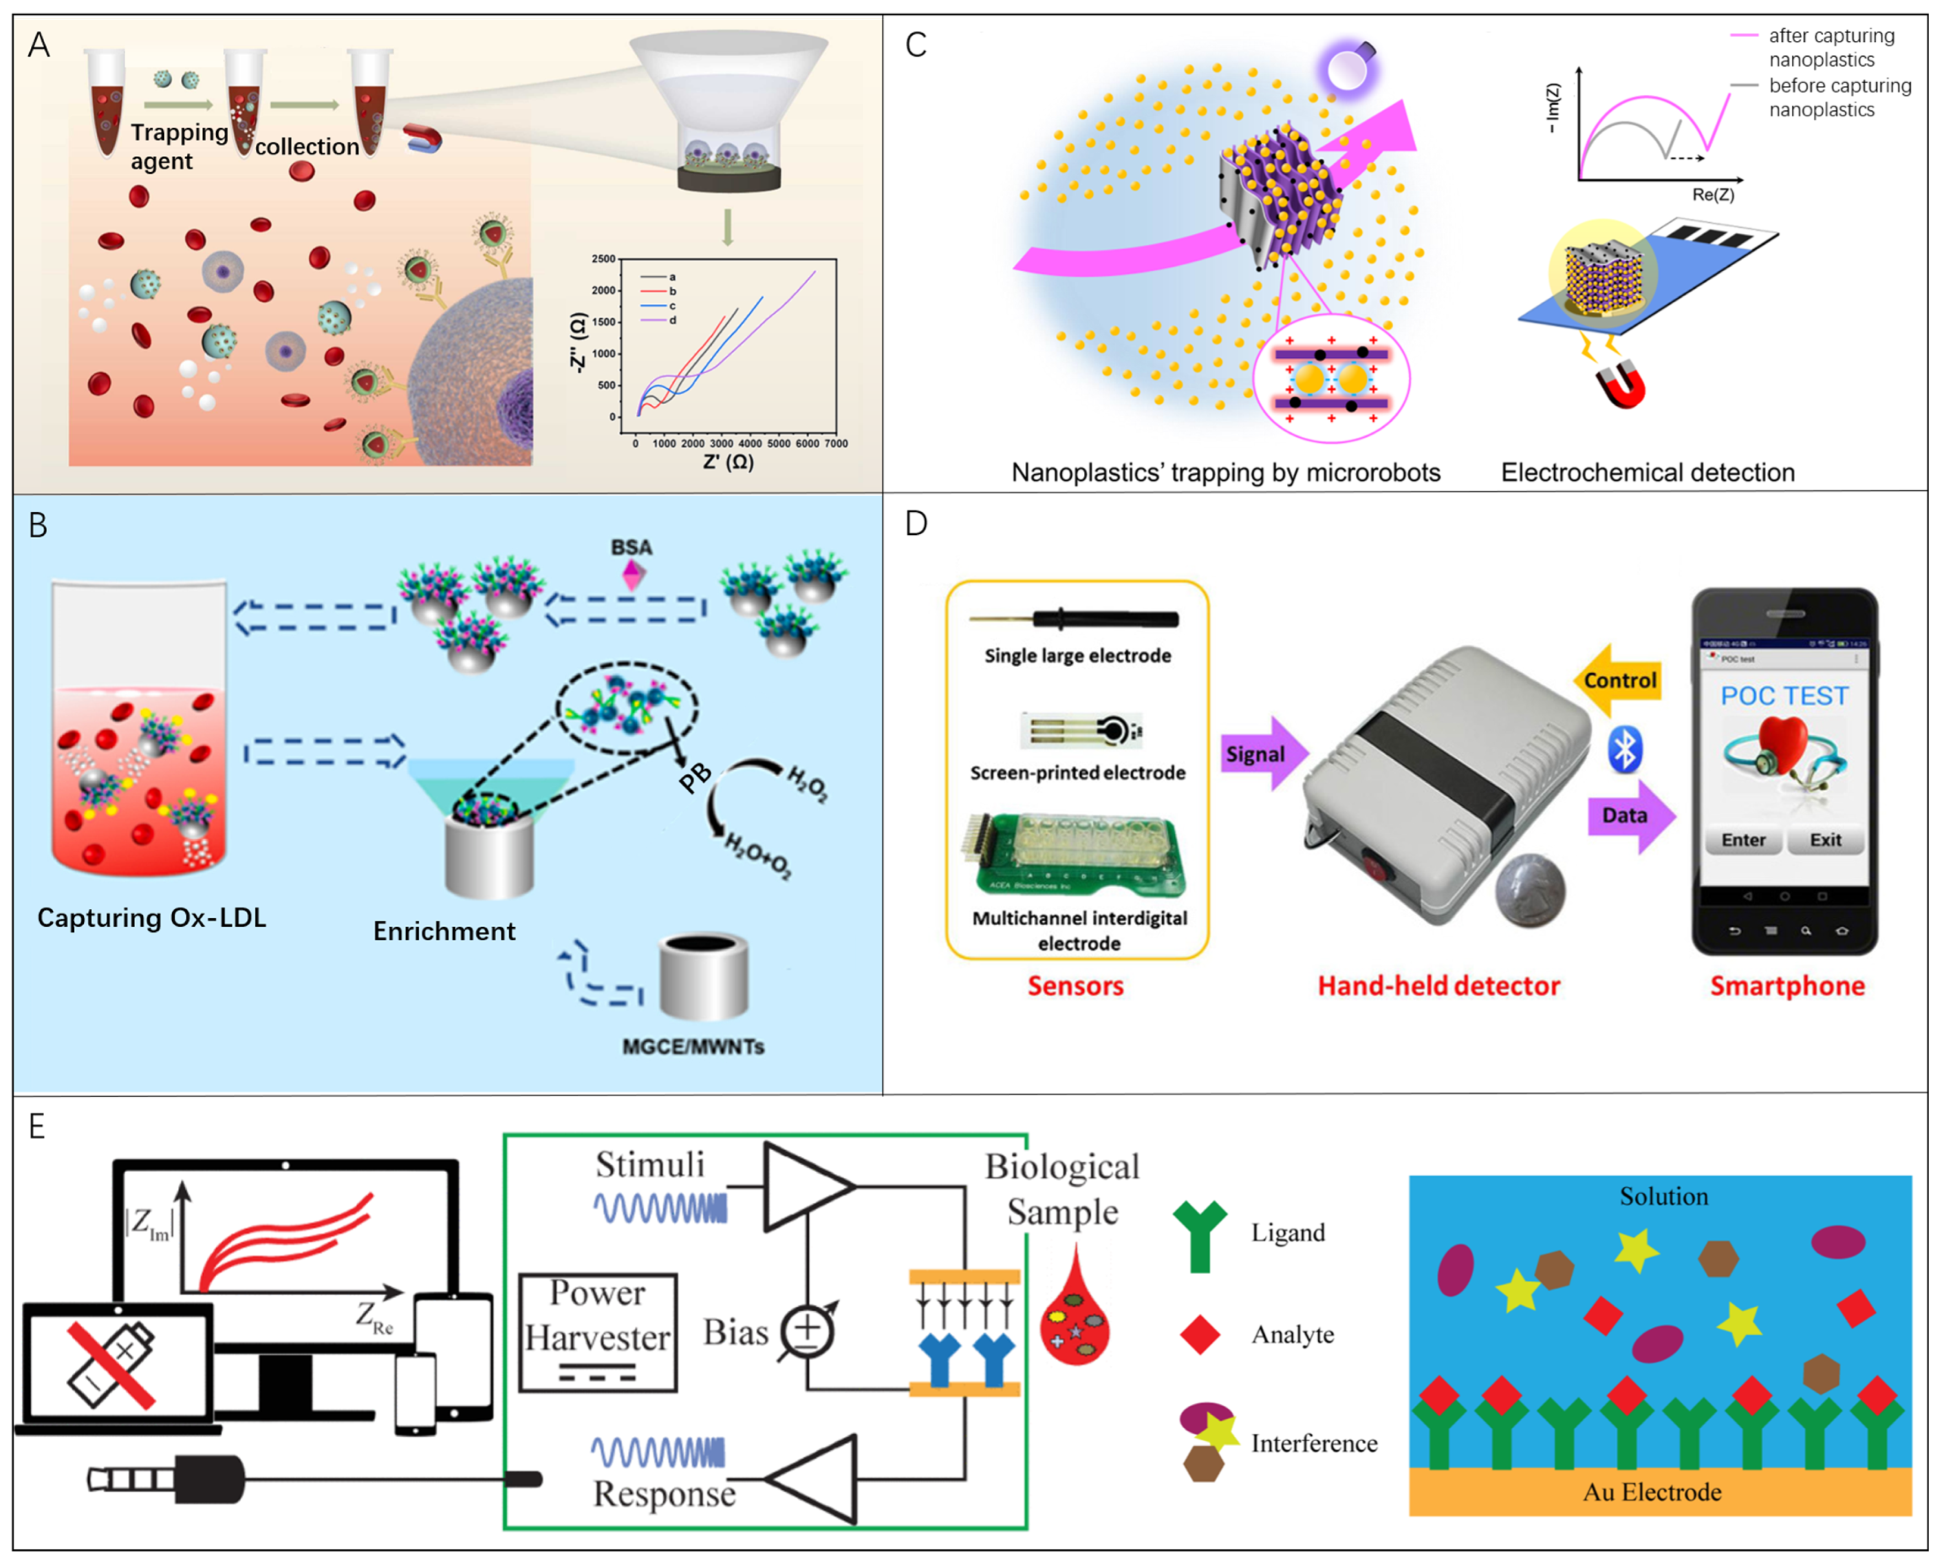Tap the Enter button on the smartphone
[x=1743, y=839]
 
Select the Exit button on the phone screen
[x=1825, y=839]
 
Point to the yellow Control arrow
[x=1618, y=680]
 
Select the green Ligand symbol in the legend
[x=1200, y=1235]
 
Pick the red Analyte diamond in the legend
[x=1200, y=1334]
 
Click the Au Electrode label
[x=1652, y=1491]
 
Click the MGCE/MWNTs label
[x=693, y=1046]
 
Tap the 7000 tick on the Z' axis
[x=836, y=443]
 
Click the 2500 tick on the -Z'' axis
[x=603, y=259]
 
